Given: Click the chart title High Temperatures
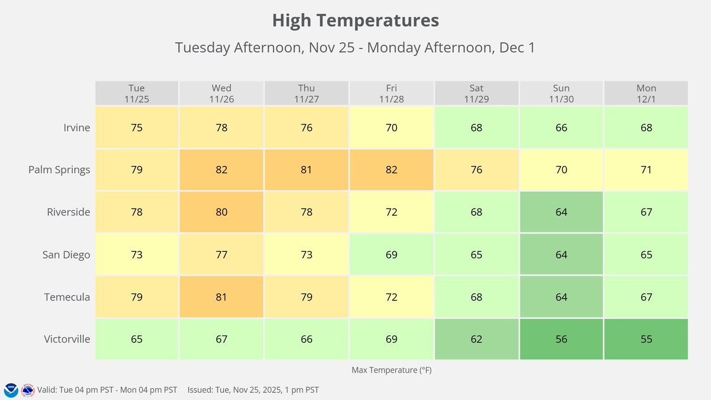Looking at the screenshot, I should [355, 21].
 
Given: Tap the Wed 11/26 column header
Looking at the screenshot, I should [222, 94].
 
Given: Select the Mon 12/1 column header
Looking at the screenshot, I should [646, 94].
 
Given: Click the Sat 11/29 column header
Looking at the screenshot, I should [476, 94].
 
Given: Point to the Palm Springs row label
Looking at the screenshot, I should [59, 170].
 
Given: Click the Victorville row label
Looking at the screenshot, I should [67, 340].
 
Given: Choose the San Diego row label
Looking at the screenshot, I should [66, 255].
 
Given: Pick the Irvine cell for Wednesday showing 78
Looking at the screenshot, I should [222, 127].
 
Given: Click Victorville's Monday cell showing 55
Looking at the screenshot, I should [646, 340].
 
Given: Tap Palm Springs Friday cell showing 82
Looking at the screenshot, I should [391, 170].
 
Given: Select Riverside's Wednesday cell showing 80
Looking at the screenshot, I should [222, 212].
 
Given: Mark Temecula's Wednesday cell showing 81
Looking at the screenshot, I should [222, 297].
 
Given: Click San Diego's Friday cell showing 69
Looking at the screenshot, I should [391, 255].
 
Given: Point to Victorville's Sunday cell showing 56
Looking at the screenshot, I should [561, 340].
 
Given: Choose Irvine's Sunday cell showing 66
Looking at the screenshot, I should [561, 127].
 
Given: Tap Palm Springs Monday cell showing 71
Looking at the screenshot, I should [646, 170].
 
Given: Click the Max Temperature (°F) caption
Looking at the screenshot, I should [391, 370].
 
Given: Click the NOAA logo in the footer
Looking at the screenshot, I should [11, 390].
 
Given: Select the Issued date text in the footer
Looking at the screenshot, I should [253, 390].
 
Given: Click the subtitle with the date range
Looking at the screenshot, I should [355, 47].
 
